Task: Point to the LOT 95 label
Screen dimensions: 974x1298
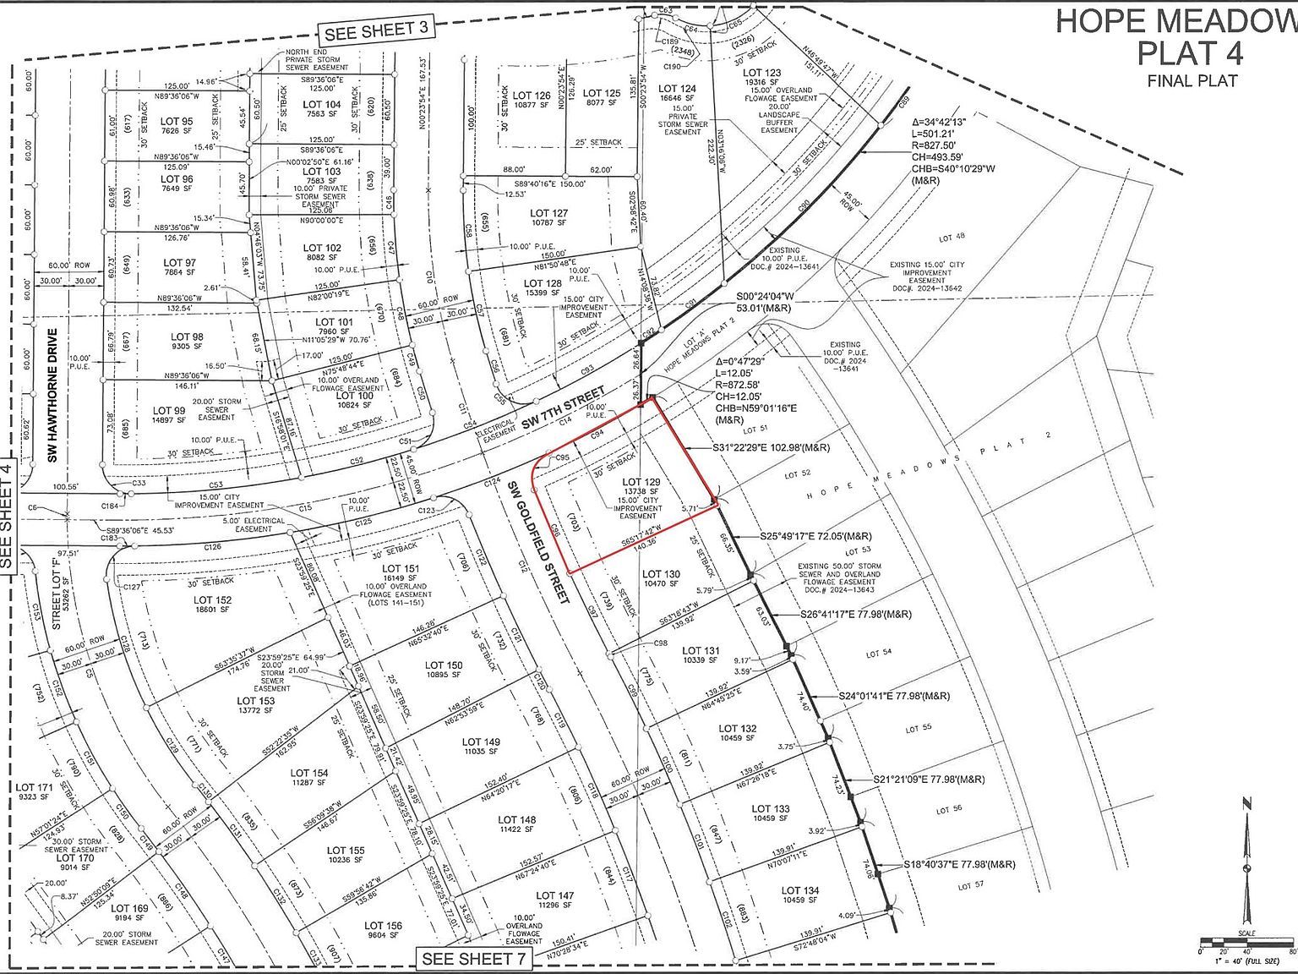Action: coord(177,121)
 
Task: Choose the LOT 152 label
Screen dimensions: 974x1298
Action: coord(211,600)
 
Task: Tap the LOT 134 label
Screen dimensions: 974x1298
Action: coord(800,890)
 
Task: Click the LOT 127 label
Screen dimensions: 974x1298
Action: coord(549,214)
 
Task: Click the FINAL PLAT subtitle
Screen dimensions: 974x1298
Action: coord(1192,81)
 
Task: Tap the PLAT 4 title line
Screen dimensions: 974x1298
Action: coord(1190,52)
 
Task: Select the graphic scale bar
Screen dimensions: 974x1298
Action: coord(1246,940)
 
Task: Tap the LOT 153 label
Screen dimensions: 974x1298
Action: coord(255,701)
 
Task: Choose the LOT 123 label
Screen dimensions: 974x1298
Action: coord(761,73)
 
